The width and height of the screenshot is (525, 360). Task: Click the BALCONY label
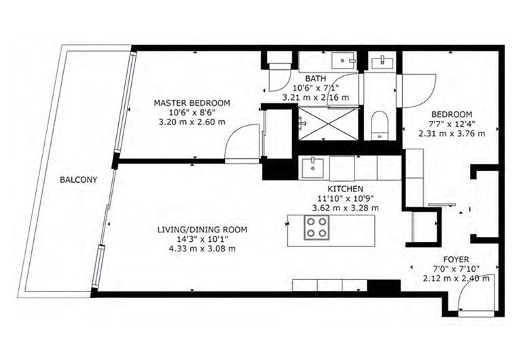pyautogui.click(x=78, y=179)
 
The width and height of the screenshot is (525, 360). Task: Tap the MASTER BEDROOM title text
pyautogui.click(x=192, y=103)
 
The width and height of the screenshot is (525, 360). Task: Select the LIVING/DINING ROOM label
pyautogui.click(x=202, y=230)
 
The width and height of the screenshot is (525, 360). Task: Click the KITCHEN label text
pyautogui.click(x=345, y=189)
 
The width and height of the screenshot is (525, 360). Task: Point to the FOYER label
pyautogui.click(x=456, y=259)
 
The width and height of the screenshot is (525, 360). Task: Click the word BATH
pyautogui.click(x=315, y=79)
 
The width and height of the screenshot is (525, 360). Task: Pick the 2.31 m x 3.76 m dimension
pyautogui.click(x=452, y=134)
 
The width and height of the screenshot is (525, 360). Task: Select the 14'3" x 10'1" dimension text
pyautogui.click(x=202, y=239)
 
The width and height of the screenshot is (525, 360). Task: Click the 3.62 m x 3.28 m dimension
pyautogui.click(x=346, y=208)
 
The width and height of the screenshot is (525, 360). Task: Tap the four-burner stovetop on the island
pyautogui.click(x=316, y=228)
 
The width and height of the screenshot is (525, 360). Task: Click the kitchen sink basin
pyautogui.click(x=312, y=168)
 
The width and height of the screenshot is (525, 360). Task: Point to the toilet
pyautogui.click(x=380, y=126)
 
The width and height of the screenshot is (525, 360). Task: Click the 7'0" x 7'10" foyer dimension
pyautogui.click(x=456, y=268)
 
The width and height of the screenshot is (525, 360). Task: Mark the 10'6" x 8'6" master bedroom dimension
pyautogui.click(x=192, y=112)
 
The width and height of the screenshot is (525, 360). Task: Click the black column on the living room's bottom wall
pyautogui.click(x=384, y=286)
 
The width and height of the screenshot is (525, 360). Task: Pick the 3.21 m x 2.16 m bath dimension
pyautogui.click(x=316, y=97)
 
